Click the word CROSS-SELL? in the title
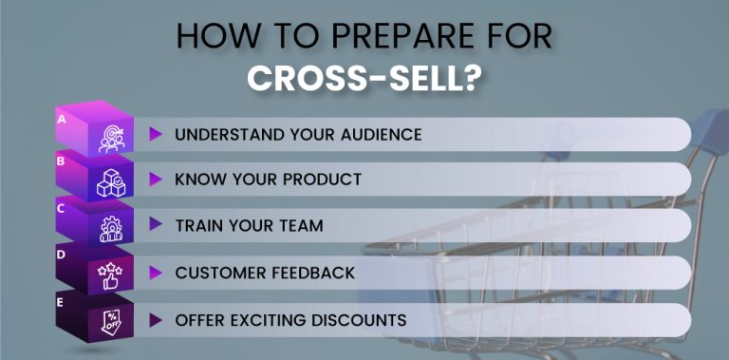[x=364, y=77]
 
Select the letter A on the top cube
[x=62, y=120]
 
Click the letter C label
[x=61, y=208]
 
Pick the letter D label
[x=61, y=255]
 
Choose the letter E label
[x=61, y=301]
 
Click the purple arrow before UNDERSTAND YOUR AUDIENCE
[x=156, y=134]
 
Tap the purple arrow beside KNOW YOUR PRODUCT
[x=156, y=180]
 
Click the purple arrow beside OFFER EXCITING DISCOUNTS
[x=156, y=319]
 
